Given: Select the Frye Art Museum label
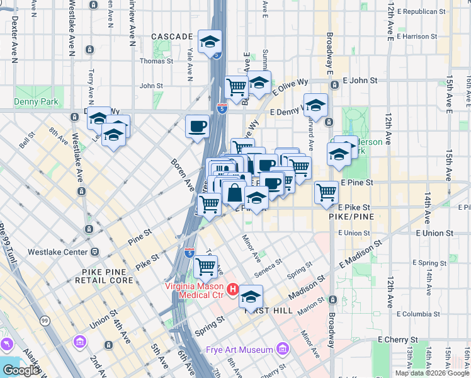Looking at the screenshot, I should (x=239, y=350).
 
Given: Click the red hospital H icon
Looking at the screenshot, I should (x=232, y=290).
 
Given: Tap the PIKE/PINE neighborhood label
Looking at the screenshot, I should (x=351, y=216).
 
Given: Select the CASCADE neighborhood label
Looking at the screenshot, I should (x=170, y=37).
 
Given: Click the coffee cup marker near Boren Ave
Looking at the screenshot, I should (x=197, y=125).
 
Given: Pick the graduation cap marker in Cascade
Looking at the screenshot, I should (x=210, y=42).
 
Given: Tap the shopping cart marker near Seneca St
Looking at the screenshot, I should (x=206, y=266).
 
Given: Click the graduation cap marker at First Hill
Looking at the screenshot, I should (x=251, y=296).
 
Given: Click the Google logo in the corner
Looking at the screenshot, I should (x=21, y=370).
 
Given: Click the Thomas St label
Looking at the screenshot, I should (x=156, y=61).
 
